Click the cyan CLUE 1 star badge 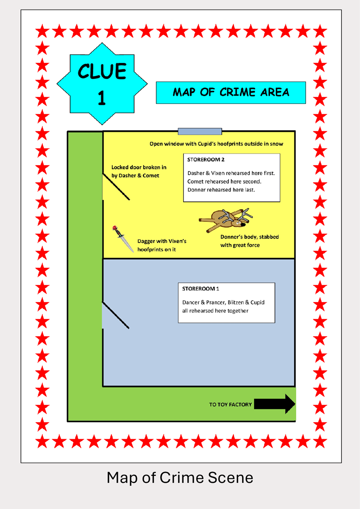(102, 84)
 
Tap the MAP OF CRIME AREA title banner (231, 93)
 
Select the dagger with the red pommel (123, 239)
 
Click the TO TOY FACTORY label (230, 405)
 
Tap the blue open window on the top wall (200, 131)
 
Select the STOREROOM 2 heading (205, 160)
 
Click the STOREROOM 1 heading (201, 288)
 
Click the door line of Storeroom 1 (116, 315)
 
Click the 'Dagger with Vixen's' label (162, 241)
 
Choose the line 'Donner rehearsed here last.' (221, 189)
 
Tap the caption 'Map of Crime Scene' (180, 477)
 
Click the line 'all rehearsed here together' (215, 311)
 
